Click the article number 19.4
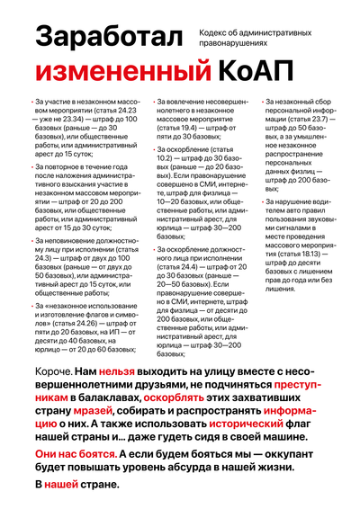click(198, 129)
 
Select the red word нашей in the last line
click(61, 485)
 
